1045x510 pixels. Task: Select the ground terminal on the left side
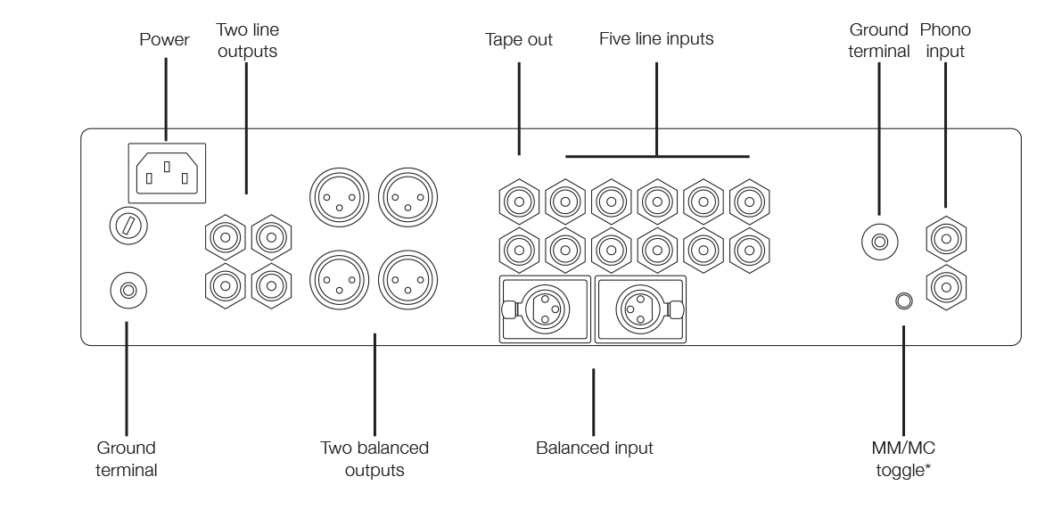[x=128, y=289]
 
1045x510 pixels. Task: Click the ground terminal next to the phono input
[x=879, y=241]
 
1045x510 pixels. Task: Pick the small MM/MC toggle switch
[x=903, y=301]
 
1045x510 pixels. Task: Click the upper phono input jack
[x=946, y=238]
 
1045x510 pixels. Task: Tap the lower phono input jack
[x=946, y=286]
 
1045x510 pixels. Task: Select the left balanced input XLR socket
[x=544, y=308]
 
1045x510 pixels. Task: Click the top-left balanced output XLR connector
[x=337, y=198]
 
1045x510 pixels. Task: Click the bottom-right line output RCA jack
[x=270, y=284]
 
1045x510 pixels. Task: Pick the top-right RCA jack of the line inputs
[x=747, y=202]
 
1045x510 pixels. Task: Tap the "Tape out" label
[x=519, y=40]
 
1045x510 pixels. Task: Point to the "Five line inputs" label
[x=656, y=40]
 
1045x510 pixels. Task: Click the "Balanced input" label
[x=594, y=448]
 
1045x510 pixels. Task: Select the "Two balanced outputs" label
[x=374, y=457]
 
